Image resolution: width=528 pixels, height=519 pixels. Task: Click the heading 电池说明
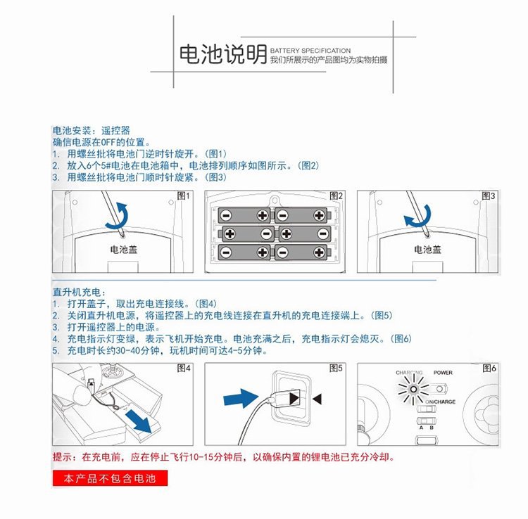pyautogui.click(x=222, y=54)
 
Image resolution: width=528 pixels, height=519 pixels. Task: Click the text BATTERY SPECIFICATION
pyautogui.click(x=310, y=51)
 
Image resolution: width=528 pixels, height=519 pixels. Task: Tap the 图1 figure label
pyautogui.click(x=184, y=196)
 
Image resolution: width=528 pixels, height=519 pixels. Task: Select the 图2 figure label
pyautogui.click(x=337, y=196)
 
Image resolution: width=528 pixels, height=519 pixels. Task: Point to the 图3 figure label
pyautogui.click(x=489, y=196)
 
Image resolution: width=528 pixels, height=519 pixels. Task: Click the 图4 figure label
pyautogui.click(x=184, y=369)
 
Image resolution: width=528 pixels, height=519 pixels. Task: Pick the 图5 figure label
pyautogui.click(x=337, y=369)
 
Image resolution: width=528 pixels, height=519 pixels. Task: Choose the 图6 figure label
pyautogui.click(x=489, y=369)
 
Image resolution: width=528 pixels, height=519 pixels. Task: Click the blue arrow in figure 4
pyautogui.click(x=138, y=421)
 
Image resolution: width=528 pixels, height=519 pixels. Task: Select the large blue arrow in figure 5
pyautogui.click(x=239, y=399)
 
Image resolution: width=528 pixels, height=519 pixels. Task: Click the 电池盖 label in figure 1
pyautogui.click(x=123, y=249)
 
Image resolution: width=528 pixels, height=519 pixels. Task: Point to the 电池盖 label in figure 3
pyautogui.click(x=428, y=249)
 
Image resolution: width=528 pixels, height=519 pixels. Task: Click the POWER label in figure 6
pyautogui.click(x=443, y=373)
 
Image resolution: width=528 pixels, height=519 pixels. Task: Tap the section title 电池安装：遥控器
pyautogui.click(x=91, y=132)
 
